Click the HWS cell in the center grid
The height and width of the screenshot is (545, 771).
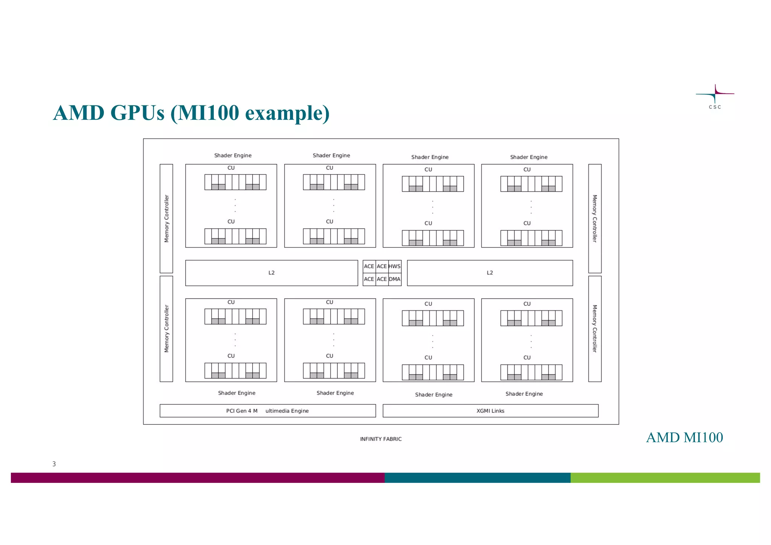[395, 266]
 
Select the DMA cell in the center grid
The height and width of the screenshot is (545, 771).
[395, 279]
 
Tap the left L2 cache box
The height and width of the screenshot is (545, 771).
[271, 273]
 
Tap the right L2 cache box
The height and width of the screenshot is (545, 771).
[490, 273]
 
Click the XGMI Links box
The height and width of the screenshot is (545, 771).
[490, 411]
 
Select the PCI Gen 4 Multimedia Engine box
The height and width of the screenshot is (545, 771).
[267, 411]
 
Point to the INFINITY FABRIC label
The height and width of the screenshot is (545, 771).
[381, 439]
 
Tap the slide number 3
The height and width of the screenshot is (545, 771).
[54, 464]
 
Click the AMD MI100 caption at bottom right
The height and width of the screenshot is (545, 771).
[684, 437]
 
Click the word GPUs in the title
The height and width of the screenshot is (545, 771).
[137, 113]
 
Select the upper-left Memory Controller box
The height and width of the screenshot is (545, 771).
[166, 218]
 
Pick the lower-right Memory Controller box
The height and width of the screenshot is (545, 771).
[595, 328]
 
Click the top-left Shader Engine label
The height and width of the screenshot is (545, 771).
[233, 155]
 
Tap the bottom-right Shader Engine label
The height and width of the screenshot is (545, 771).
[524, 394]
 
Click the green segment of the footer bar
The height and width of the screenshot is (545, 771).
[665, 478]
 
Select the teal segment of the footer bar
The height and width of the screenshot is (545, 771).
[477, 478]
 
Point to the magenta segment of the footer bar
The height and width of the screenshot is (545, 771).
[198, 478]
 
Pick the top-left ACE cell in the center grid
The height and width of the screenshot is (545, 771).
[369, 266]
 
